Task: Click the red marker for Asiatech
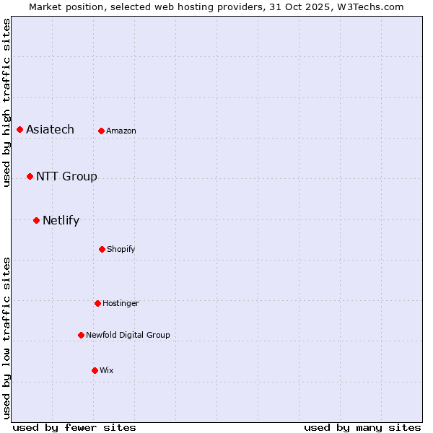click(x=19, y=129)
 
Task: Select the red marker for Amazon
click(x=101, y=131)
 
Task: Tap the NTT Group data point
click(x=30, y=176)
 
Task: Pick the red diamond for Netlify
click(x=36, y=220)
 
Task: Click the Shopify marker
click(x=102, y=249)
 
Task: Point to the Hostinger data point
click(x=97, y=303)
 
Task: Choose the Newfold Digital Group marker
click(x=81, y=335)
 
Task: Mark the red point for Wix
click(x=95, y=370)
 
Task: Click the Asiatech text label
click(x=50, y=129)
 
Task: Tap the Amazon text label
click(x=121, y=131)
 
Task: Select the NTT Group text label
click(x=66, y=176)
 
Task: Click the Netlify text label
click(x=61, y=220)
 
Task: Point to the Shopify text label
click(x=121, y=249)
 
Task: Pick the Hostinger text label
click(x=121, y=303)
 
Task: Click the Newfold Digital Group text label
click(x=128, y=335)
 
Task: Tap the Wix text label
click(x=107, y=370)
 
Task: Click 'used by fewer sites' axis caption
click(x=74, y=427)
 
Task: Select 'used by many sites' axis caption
click(x=362, y=427)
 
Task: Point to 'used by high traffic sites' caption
click(x=6, y=102)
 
